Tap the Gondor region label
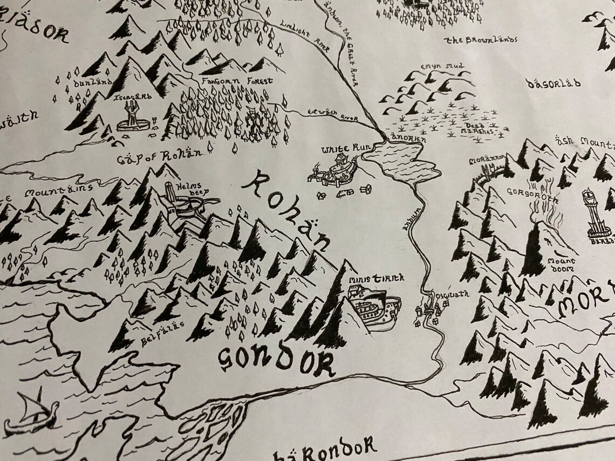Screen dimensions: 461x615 [x=276, y=359]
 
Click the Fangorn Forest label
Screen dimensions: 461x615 [x=237, y=81]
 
